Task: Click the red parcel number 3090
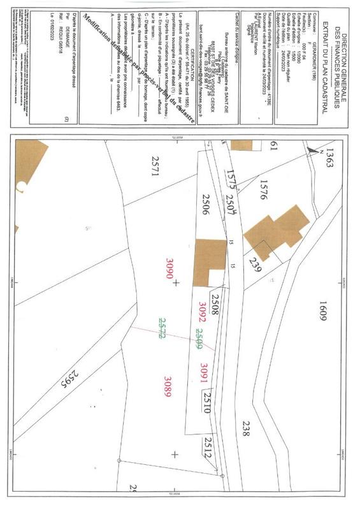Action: pos(169,268)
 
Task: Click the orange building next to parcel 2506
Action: pos(210,261)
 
